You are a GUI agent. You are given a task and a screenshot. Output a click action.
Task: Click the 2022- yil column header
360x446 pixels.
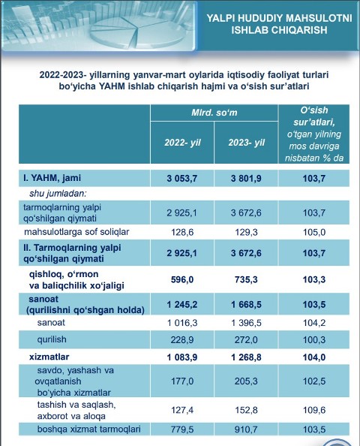pos(182,142)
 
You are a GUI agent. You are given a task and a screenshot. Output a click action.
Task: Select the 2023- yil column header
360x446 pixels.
pos(246,142)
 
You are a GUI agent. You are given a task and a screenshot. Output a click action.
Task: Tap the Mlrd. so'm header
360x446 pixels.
pos(214,113)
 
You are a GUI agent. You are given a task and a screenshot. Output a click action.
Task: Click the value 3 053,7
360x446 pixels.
pos(182,179)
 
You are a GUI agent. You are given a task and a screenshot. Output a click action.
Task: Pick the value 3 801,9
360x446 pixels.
pos(246,179)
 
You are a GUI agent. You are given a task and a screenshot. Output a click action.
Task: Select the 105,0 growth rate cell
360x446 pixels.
pos(314,232)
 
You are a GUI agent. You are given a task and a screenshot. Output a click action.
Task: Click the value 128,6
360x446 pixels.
pos(182,232)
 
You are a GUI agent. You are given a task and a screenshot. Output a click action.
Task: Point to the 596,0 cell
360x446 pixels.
pos(182,279)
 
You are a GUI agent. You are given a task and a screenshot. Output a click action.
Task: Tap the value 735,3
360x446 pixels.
pos(246,279)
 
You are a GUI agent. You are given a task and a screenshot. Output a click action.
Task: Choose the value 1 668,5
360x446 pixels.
pos(246,304)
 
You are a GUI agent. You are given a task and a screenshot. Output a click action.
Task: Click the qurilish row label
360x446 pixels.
pos(52,339)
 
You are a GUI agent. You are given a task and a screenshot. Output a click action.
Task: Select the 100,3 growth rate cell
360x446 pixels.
pos(314,339)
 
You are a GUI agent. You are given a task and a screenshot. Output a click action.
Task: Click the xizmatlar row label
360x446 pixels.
pos(49,357)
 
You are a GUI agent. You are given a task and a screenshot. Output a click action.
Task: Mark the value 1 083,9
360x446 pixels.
pos(182,357)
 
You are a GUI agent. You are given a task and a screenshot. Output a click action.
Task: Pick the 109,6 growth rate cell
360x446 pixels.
pos(314,410)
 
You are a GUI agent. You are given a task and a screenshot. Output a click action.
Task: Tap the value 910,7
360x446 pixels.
pos(246,429)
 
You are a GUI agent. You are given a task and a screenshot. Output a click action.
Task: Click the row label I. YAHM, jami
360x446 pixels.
pos(52,178)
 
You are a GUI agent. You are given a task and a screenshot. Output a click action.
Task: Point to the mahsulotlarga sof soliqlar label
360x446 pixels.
pos(76,232)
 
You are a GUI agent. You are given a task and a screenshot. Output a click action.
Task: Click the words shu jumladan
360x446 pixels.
pos(58,194)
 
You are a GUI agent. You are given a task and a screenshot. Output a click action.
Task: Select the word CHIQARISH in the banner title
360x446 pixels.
pos(299,30)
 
